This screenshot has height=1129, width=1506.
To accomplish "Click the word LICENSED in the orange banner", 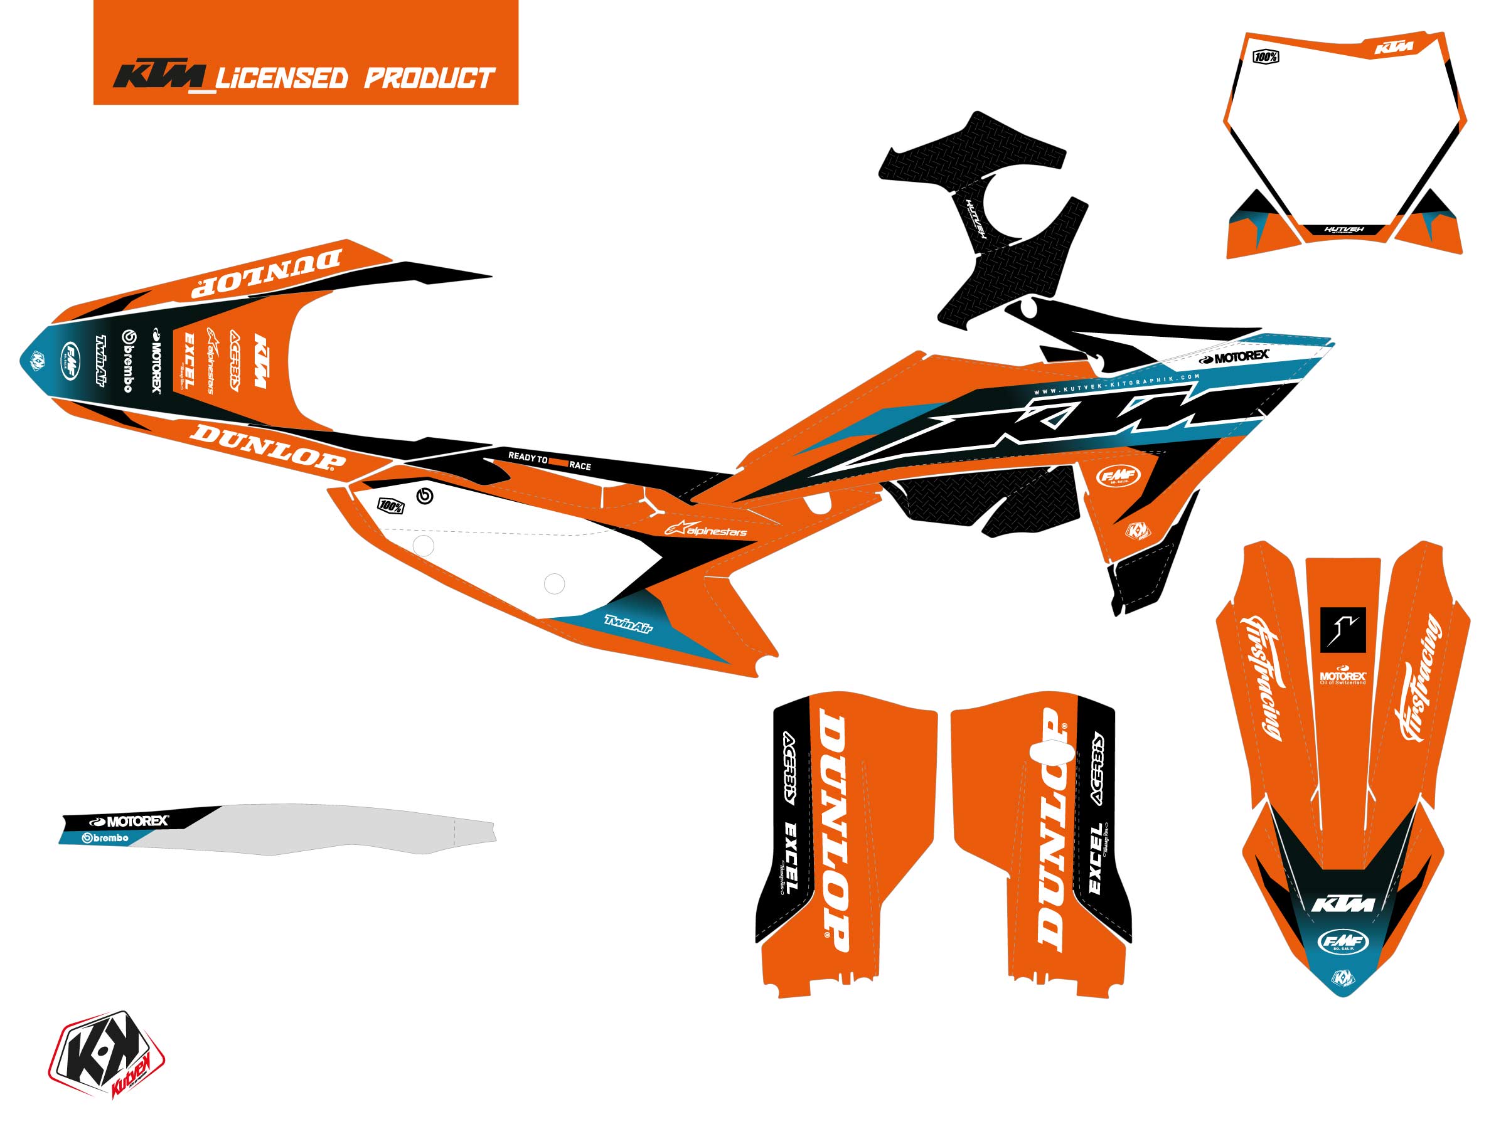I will (281, 78).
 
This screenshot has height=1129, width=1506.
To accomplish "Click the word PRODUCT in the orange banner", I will (429, 78).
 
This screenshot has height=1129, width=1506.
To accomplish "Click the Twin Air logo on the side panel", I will (627, 623).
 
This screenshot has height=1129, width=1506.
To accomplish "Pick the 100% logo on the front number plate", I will (1266, 57).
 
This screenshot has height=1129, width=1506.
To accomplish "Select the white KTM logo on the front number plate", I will (1394, 48).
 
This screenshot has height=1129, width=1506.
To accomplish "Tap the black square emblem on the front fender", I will (1343, 627).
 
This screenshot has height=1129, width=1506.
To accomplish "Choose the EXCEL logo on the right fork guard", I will (1096, 858).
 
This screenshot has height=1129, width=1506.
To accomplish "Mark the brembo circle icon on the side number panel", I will (425, 496).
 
